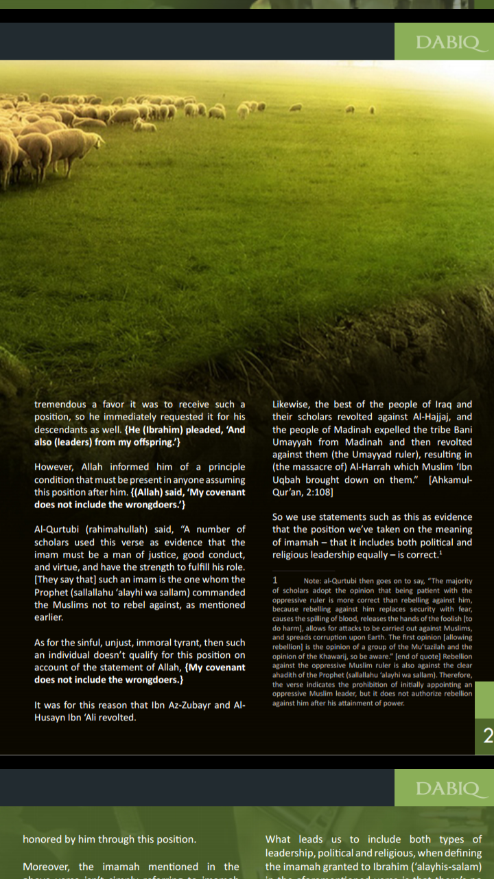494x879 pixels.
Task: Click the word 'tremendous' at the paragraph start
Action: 60,404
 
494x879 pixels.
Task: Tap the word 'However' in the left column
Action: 55,467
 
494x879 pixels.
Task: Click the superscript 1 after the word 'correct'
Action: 440,551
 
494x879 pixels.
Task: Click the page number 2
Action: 488,737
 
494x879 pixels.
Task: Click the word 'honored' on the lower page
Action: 43,839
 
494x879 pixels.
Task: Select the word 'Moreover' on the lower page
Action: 46,867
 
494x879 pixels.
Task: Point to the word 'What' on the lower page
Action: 279,839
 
